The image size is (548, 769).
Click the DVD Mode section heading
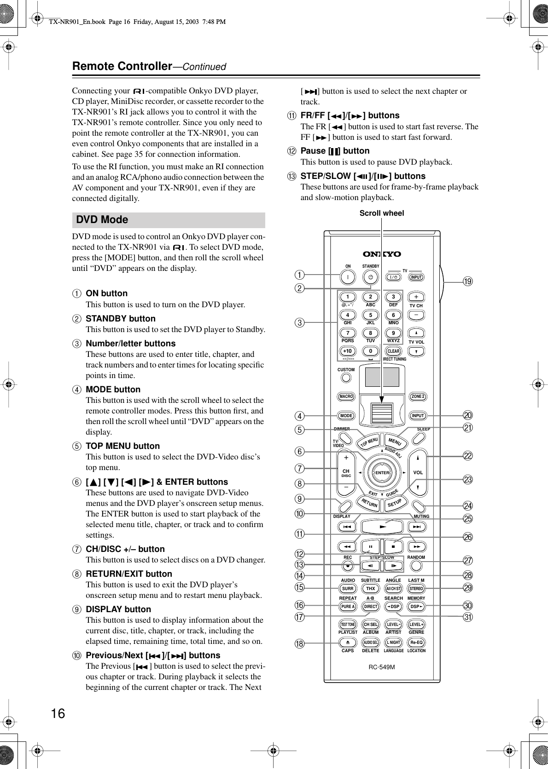(102, 220)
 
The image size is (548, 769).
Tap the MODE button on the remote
(346, 416)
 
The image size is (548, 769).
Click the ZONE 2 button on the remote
(418, 396)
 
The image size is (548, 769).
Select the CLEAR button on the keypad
(393, 351)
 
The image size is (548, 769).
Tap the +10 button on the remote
(348, 351)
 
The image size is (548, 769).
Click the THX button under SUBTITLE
(370, 588)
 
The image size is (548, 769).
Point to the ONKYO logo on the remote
(382, 254)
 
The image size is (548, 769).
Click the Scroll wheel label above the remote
(381, 213)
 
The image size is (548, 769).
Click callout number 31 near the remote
(469, 617)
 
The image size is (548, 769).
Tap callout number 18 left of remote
(300, 643)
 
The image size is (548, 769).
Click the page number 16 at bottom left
(58, 701)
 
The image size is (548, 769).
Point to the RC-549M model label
(382, 666)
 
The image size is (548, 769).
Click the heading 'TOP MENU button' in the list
(123, 446)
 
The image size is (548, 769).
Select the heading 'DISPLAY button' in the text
(118, 609)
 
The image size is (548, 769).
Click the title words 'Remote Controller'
(122, 66)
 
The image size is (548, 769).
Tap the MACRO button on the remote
(346, 396)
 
